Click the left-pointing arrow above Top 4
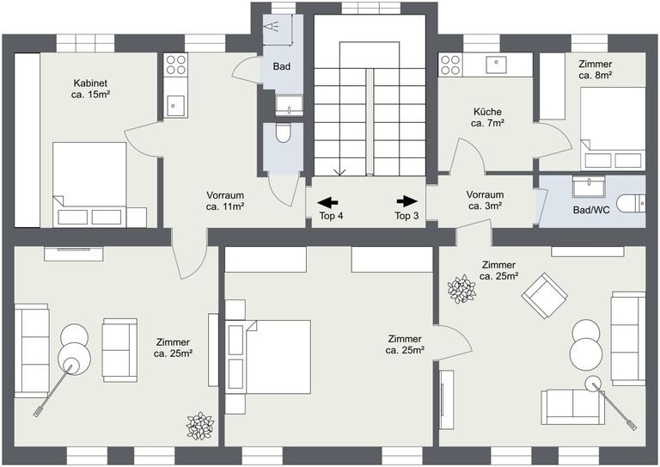(327, 202)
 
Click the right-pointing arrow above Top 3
(406, 201)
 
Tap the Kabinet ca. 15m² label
(89, 89)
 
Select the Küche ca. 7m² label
(487, 118)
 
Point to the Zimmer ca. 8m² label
(596, 69)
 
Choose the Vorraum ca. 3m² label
(485, 200)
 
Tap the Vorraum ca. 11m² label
(225, 200)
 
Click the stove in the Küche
(450, 65)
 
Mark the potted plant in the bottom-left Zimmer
(199, 425)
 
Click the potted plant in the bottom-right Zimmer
(461, 289)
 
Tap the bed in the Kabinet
(89, 183)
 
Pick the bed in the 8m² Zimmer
(611, 128)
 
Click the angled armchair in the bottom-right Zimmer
(543, 294)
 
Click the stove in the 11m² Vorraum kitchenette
(175, 65)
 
